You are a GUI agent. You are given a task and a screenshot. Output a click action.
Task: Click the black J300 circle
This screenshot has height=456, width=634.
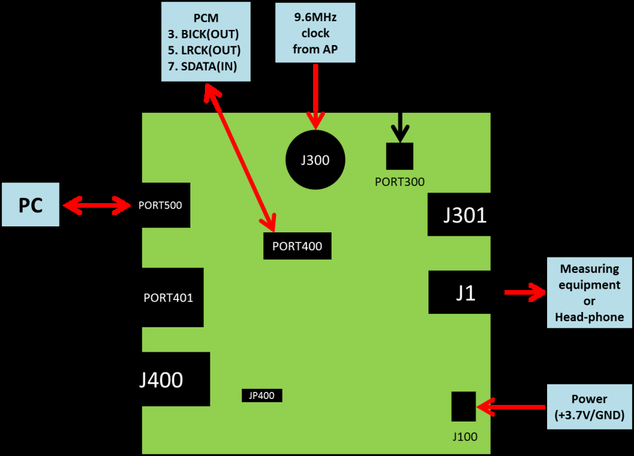[315, 160]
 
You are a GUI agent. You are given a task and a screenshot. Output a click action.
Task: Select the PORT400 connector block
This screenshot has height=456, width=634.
[297, 246]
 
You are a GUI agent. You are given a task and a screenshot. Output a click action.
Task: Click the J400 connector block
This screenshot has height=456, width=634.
[175, 380]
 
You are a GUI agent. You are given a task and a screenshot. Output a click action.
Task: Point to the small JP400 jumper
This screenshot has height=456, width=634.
[262, 396]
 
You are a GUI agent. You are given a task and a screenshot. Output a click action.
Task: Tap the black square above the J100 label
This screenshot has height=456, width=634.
[464, 406]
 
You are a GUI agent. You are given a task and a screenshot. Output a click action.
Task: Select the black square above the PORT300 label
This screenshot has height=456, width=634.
[400, 156]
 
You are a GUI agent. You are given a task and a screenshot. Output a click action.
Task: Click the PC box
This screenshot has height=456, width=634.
[31, 205]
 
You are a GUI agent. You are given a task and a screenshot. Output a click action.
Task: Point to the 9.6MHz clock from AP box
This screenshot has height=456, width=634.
[315, 33]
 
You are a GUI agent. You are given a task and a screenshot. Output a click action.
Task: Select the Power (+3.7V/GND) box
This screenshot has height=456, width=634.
[589, 408]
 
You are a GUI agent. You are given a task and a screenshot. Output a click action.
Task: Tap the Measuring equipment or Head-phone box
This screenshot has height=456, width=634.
[589, 293]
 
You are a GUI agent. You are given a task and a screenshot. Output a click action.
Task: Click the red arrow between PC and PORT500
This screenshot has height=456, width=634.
[97, 206]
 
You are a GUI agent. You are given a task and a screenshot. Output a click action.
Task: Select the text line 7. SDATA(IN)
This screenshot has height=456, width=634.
[206, 66]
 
